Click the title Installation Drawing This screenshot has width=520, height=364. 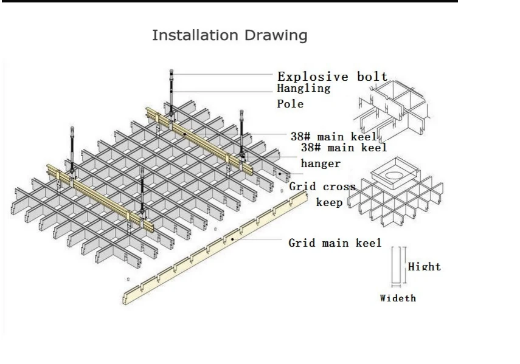[229, 35]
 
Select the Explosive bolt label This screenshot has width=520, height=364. [332, 77]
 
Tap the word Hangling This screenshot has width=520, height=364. [303, 88]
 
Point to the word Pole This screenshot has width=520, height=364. [290, 104]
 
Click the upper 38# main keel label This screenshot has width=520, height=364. [333, 137]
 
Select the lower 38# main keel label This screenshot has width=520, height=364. [344, 147]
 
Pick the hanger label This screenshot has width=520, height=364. [321, 163]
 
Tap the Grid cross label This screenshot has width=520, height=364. [322, 187]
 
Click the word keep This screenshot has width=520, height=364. [329, 202]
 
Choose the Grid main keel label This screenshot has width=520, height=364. [335, 243]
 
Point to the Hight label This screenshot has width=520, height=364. [424, 266]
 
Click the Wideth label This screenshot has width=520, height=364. [398, 298]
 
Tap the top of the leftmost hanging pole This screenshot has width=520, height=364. [73, 129]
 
